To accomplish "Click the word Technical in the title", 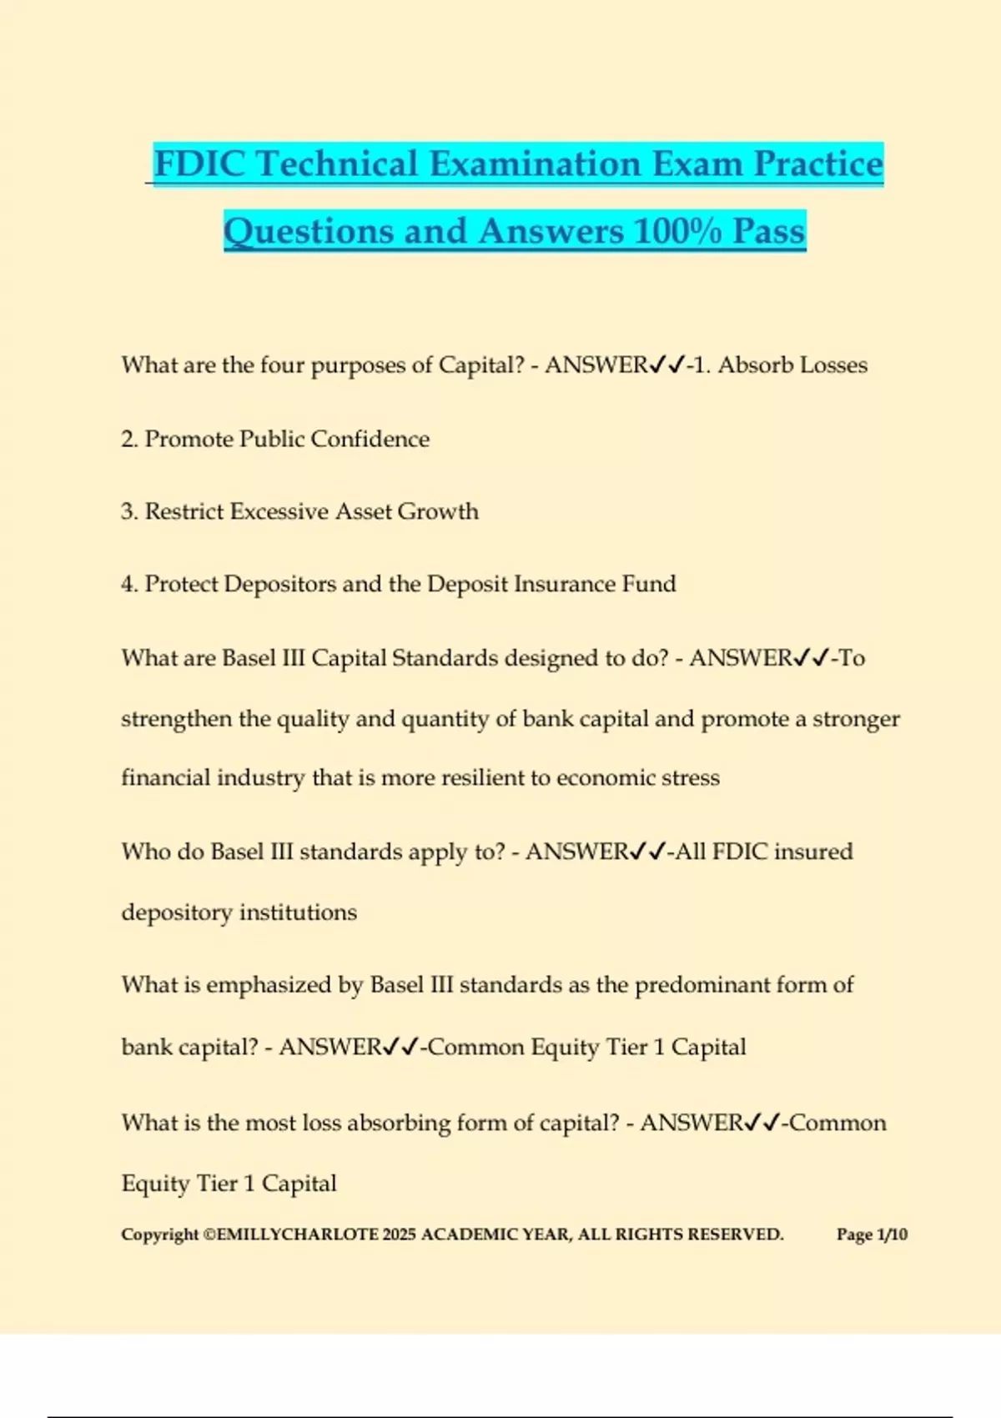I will coord(337,163).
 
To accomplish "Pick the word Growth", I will coord(438,511).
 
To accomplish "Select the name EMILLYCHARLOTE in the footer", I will coord(297,1234).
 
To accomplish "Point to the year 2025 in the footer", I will coord(399,1234).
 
